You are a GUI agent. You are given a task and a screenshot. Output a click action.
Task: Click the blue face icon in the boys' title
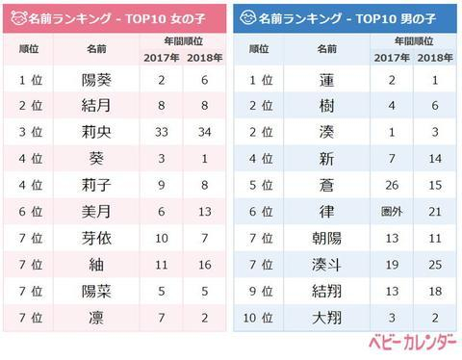pos(248,17)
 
